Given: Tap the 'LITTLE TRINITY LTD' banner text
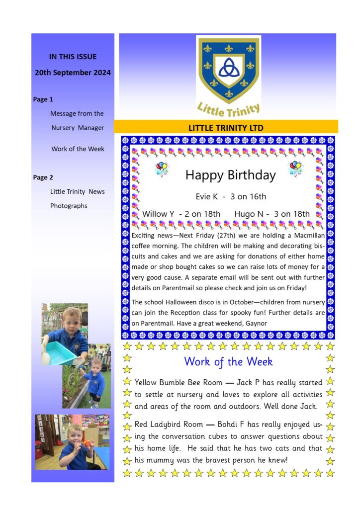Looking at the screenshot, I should point(226,128).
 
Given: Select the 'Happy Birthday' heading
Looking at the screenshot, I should point(230,175).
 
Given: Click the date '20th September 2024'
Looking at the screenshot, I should point(73,73).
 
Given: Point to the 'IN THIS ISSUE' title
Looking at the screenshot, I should point(73,57).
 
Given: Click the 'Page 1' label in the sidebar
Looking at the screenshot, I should point(43,99).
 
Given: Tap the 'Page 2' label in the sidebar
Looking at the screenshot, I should point(43,177).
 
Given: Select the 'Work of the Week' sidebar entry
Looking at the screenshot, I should point(78,149).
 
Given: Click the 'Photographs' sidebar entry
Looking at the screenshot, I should point(69,206).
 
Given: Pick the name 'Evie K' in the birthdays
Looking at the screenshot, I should point(207,196).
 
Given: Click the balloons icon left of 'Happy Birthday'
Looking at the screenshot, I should point(162,169).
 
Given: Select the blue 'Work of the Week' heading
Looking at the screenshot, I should point(228,361).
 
